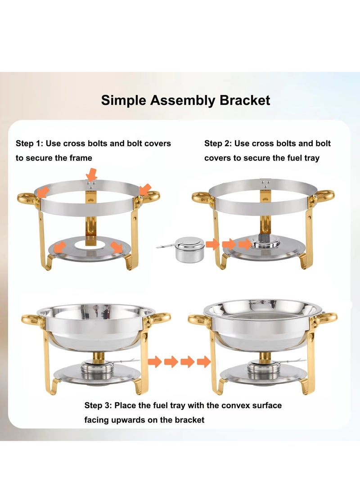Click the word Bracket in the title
point(245,100)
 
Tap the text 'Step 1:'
point(31,144)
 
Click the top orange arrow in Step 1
point(92,174)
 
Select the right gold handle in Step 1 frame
point(151,197)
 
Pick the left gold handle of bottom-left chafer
point(32,320)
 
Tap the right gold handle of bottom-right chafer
point(328,318)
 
